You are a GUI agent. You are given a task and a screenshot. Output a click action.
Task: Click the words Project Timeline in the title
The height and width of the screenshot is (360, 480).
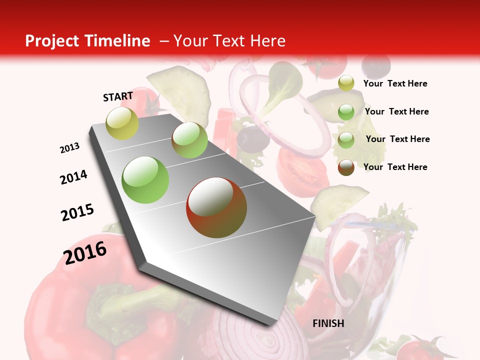[87, 41]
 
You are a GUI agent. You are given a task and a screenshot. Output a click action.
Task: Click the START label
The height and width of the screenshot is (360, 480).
[118, 96]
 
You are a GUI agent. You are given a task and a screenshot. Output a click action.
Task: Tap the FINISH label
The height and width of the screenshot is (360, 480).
[328, 323]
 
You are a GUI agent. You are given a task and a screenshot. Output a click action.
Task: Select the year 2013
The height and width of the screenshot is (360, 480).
[70, 148]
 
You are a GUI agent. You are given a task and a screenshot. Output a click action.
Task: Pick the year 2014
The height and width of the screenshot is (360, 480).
[74, 177]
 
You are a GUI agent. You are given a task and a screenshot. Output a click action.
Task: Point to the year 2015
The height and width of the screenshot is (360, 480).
[77, 212]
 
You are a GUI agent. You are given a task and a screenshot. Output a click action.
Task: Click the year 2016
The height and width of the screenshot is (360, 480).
[85, 253]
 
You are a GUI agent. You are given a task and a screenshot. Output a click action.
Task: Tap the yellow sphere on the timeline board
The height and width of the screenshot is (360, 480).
[122, 123]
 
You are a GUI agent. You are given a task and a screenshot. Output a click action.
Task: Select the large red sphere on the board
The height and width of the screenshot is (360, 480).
[216, 207]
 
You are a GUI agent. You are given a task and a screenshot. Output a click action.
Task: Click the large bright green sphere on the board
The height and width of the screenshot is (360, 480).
[145, 180]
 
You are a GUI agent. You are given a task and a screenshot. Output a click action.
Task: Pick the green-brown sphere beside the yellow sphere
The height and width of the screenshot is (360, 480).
[189, 140]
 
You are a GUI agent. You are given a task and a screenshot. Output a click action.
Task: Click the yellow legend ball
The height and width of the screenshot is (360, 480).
[346, 83]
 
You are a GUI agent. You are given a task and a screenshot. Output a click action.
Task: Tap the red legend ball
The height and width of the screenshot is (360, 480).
[346, 167]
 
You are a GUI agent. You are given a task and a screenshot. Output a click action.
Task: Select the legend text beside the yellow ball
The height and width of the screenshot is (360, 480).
[395, 84]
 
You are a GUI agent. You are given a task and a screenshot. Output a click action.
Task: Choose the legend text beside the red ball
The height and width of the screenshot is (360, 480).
[395, 167]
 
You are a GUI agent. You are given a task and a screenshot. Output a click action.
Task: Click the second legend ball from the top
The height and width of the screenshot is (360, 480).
[346, 112]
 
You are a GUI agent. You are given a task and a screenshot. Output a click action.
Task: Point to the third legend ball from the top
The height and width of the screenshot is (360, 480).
[346, 140]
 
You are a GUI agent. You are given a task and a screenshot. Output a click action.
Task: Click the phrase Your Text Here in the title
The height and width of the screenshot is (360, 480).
[229, 41]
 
